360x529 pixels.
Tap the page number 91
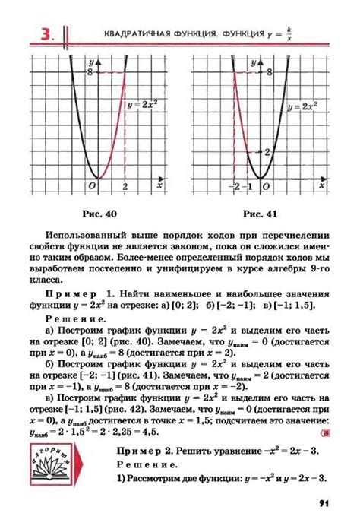click(323, 502)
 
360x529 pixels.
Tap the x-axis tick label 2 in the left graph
click(125, 188)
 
